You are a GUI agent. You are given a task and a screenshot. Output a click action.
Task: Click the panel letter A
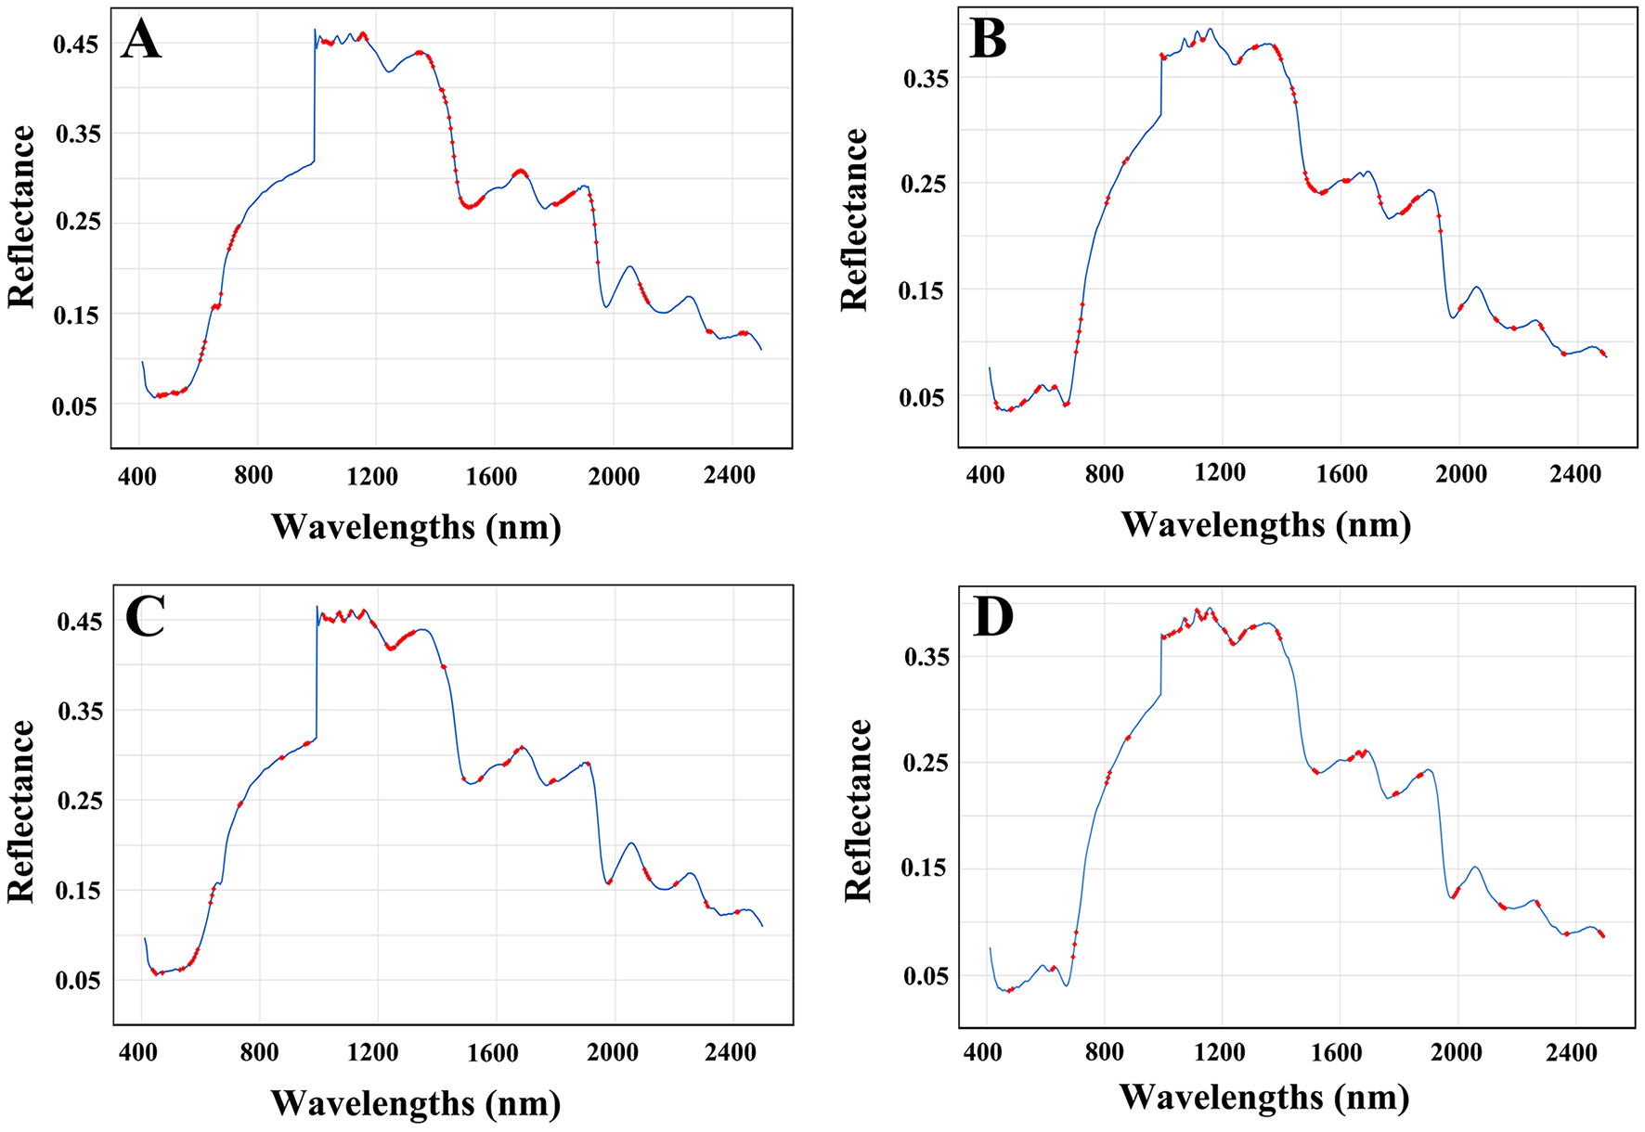141,41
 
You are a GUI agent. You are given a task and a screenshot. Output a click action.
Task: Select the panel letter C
144,617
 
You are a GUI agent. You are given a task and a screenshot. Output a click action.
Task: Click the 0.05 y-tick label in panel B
925,398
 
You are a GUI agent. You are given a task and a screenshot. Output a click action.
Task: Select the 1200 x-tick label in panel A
372,477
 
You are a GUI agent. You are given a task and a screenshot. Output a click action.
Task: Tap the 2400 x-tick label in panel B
1575,474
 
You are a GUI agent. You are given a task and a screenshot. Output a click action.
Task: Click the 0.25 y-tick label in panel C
81,801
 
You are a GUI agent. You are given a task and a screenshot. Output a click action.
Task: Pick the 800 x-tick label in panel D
1104,1052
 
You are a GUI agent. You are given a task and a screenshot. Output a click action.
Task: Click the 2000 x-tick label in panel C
613,1053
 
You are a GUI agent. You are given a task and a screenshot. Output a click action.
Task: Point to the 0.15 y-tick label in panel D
925,868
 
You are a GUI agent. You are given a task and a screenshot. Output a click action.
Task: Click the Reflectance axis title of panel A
21,217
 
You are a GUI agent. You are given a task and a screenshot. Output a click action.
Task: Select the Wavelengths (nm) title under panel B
1265,525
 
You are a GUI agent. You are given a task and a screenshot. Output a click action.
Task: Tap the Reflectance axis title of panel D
858,810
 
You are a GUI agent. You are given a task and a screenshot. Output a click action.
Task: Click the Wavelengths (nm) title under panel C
416,1103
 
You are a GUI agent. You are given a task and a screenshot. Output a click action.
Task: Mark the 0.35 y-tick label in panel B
926,79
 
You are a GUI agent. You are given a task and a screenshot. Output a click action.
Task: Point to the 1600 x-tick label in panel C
492,1053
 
